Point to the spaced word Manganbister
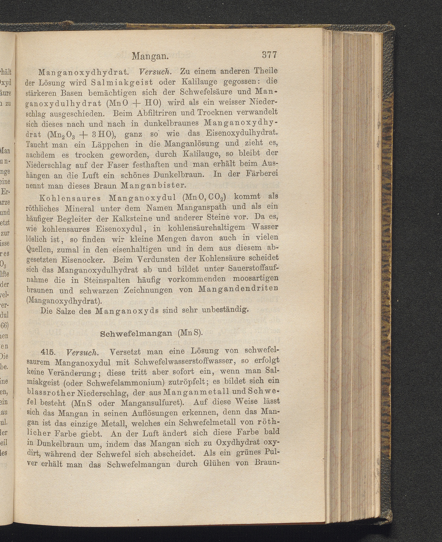pyautogui.click(x=156, y=185)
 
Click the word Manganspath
pyautogui.click(x=201, y=207)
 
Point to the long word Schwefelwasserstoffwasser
pyautogui.click(x=188, y=362)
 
